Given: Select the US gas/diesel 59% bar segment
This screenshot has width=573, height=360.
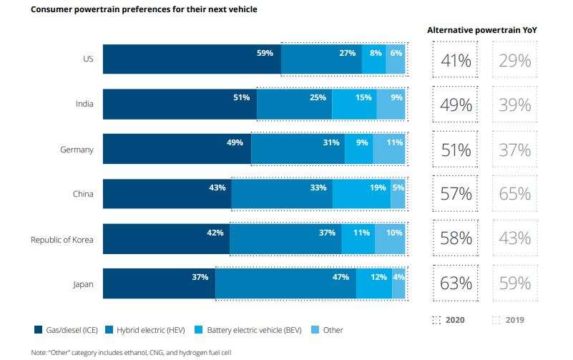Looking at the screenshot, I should coord(192,59).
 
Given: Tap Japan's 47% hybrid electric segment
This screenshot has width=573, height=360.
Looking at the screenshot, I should coord(285,283).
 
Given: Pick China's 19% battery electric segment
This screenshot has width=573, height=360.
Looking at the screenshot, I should coord(361,194).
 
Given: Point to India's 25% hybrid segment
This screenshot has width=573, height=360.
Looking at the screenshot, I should coord(294,104).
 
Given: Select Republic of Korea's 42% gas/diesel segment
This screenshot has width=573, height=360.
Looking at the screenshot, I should coord(166,238).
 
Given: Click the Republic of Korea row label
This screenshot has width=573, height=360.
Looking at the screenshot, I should coord(62,239).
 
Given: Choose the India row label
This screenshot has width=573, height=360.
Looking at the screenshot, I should coord(84,104).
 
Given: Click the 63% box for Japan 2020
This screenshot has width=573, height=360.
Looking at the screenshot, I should coord(455,283).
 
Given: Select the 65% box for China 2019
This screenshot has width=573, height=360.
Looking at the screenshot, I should coord(515,194).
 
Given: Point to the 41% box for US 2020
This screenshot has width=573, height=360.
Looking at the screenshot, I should coord(455,60).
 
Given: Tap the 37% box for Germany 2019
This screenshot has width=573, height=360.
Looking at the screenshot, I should coord(515,150).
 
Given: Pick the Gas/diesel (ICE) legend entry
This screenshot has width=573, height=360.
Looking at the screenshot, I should coord(67,330).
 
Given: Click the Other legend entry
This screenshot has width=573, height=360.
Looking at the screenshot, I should coord(328,330).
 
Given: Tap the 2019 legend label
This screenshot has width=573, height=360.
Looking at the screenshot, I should coord(514,320).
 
